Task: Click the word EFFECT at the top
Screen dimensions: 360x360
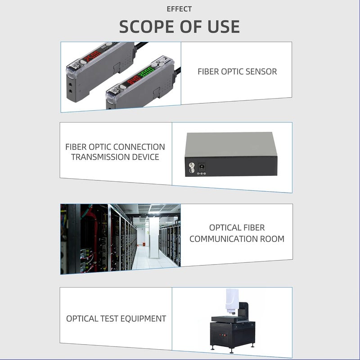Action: [179, 9]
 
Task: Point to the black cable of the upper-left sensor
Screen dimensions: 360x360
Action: [141, 45]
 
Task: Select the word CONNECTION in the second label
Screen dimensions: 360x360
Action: [140, 147]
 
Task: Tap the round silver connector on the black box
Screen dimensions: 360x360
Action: [192, 166]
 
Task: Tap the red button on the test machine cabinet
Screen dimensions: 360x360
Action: [220, 336]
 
